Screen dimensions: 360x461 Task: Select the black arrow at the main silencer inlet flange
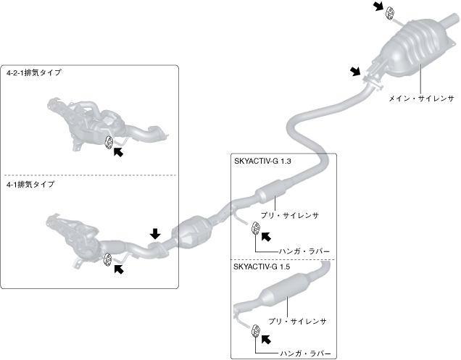click(355, 71)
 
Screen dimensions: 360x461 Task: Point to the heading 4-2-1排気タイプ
click(34, 72)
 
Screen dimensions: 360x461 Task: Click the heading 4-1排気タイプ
click(30, 184)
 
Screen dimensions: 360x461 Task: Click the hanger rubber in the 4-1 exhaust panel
click(108, 259)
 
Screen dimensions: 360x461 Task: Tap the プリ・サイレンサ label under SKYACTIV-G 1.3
click(294, 215)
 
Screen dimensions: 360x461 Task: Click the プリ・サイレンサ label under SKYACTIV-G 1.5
click(304, 320)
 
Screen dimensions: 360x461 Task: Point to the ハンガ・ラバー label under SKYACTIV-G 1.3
click(304, 250)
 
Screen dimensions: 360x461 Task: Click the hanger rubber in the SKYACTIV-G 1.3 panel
click(257, 229)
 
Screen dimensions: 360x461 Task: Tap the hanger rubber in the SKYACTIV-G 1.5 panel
click(257, 332)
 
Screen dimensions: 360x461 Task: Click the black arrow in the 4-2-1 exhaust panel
click(119, 153)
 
